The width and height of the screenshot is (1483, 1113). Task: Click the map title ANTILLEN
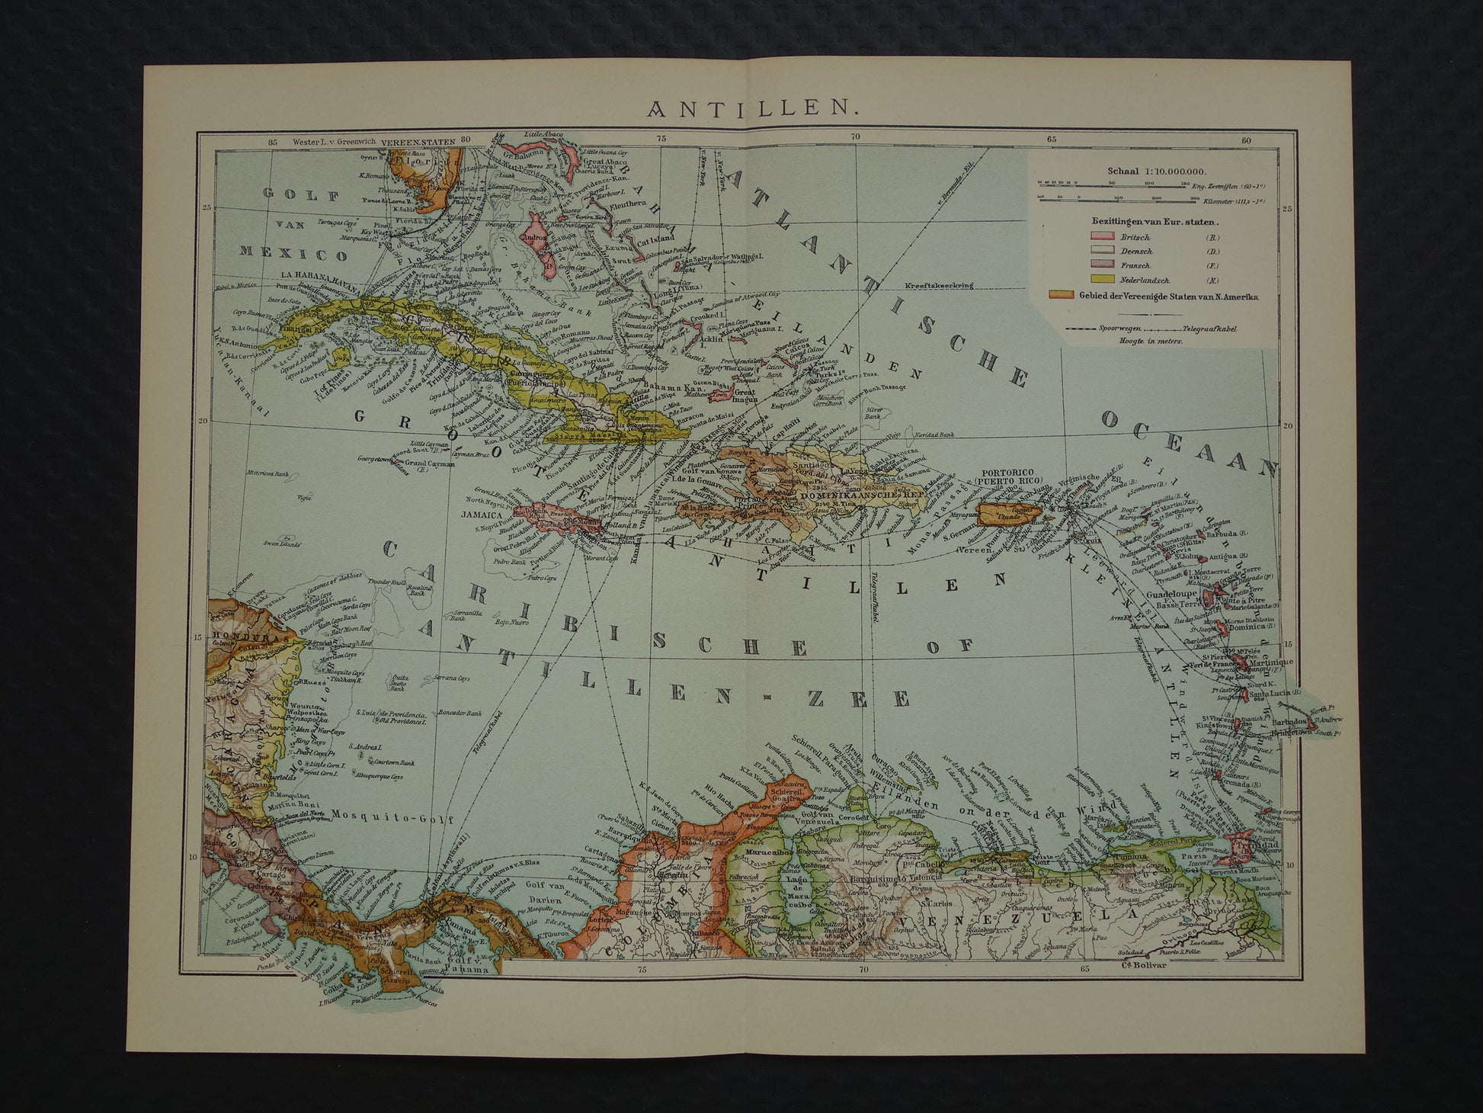coord(754,109)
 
